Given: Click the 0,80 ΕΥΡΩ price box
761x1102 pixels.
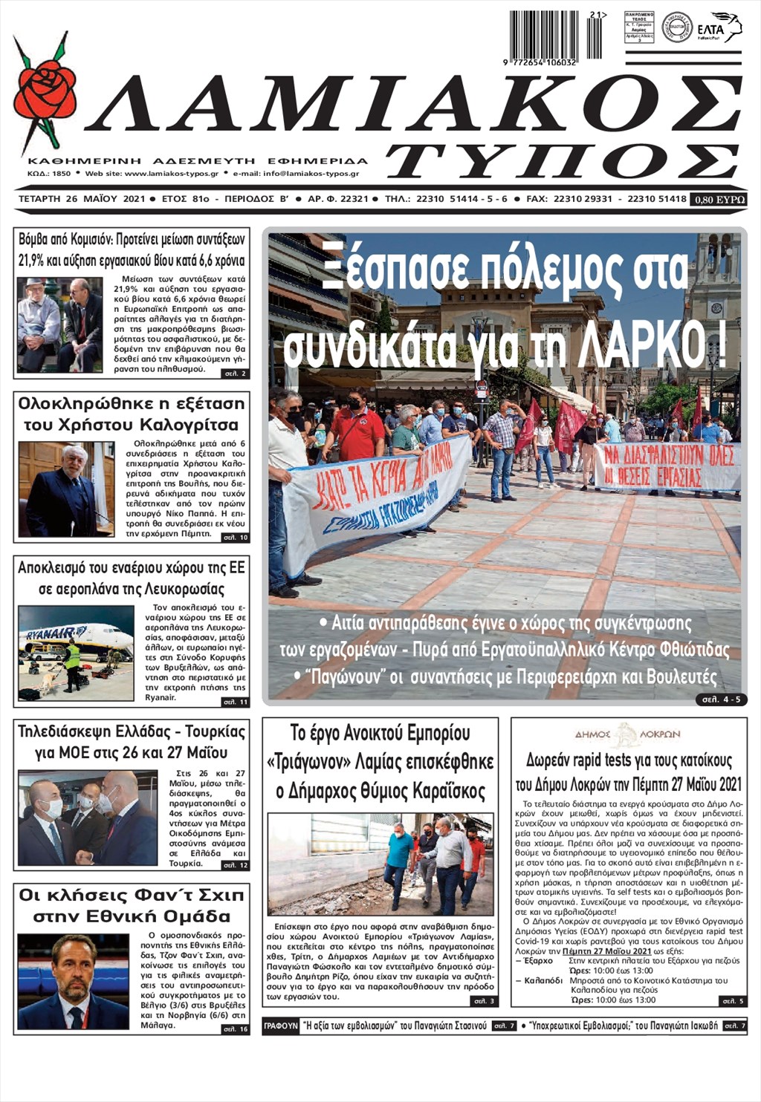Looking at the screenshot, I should click(718, 199).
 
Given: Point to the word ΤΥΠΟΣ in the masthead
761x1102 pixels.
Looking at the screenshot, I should click(563, 160).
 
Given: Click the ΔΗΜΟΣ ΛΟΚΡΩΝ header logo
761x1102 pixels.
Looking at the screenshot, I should click(627, 734).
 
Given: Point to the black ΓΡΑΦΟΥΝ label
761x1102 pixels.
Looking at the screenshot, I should click(280, 1026).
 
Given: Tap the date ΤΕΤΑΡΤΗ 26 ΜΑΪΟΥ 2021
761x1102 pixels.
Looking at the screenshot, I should click(81, 199).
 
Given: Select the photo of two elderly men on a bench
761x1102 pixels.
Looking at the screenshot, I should click(59, 325).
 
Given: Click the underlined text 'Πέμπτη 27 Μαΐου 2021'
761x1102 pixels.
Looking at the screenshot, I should click(606, 951).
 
